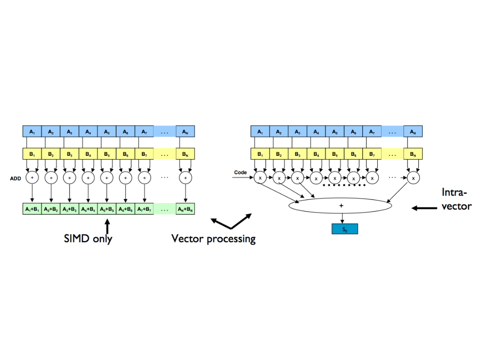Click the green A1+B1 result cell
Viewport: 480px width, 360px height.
point(32,209)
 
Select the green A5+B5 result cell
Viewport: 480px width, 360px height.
point(107,209)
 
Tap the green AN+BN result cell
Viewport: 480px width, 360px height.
point(185,209)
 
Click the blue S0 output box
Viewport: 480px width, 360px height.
point(345,229)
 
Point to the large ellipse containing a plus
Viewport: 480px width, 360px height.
point(340,206)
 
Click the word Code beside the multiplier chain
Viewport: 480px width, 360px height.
point(240,172)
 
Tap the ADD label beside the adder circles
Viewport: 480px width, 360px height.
point(15,178)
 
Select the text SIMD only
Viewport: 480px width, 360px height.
point(88,238)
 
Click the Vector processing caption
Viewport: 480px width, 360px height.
point(213,239)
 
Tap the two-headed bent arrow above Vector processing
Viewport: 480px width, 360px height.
point(231,222)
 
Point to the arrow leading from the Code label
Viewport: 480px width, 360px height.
point(244,178)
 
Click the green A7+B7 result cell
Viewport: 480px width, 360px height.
point(144,209)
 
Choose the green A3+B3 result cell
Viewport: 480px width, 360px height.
point(70,209)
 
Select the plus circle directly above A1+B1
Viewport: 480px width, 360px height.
point(32,178)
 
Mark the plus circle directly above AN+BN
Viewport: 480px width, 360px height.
point(185,178)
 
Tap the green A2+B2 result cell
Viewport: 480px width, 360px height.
point(51,209)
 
